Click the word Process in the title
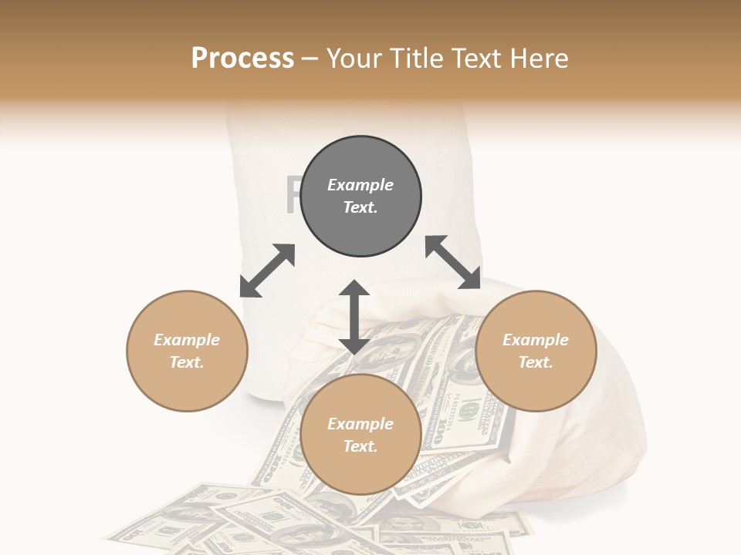pyautogui.click(x=242, y=59)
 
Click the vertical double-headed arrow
pyautogui.click(x=354, y=317)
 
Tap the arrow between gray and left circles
pyautogui.click(x=267, y=271)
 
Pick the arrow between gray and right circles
pyautogui.click(x=452, y=262)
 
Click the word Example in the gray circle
pyautogui.click(x=360, y=185)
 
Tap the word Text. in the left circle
pyautogui.click(x=187, y=362)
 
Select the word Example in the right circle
pyautogui.click(x=536, y=340)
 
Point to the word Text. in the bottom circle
pyautogui.click(x=360, y=446)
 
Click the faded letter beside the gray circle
pyautogui.click(x=292, y=196)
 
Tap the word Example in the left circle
pyautogui.click(x=187, y=340)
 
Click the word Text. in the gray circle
pyautogui.click(x=360, y=207)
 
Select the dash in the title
pyautogui.click(x=310, y=59)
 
